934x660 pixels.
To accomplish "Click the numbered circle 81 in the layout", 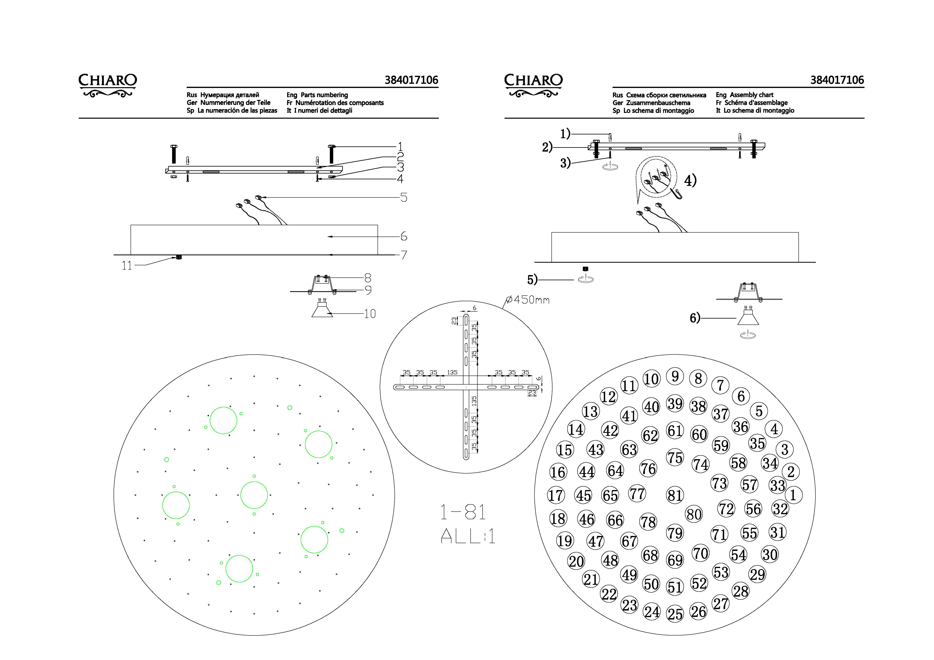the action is [675, 495].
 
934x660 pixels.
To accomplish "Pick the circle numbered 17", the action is [556, 495].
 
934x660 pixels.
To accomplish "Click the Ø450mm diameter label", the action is [528, 300].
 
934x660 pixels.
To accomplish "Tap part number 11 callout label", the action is [127, 266].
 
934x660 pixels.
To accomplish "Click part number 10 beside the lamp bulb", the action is [370, 314].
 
